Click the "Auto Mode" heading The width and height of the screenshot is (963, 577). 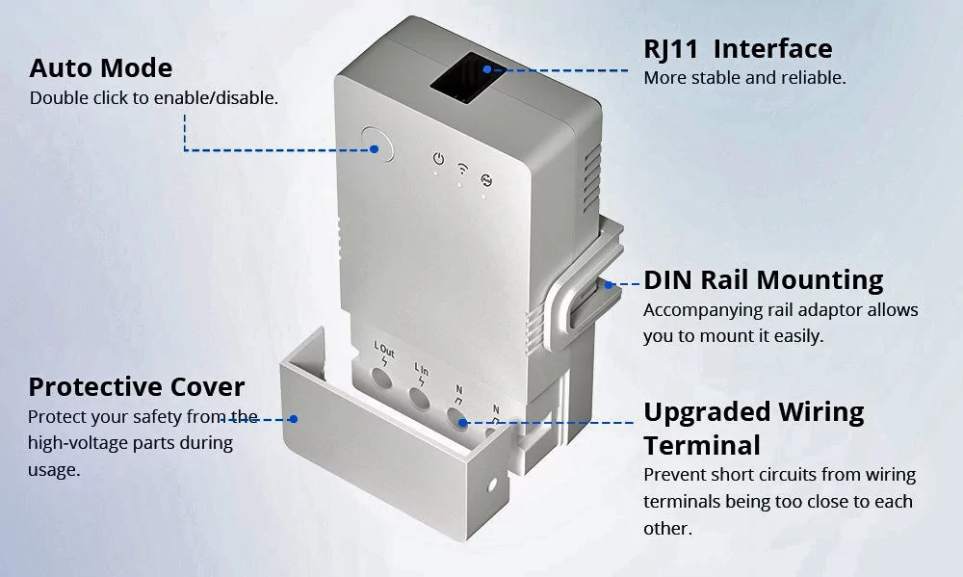pyautogui.click(x=101, y=67)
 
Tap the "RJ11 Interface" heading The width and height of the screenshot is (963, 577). pyautogui.click(x=738, y=48)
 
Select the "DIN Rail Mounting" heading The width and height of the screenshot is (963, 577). pyautogui.click(x=764, y=279)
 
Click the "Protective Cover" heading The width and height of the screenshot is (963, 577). pyautogui.click(x=137, y=387)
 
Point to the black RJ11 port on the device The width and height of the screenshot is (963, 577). pyautogui.click(x=467, y=77)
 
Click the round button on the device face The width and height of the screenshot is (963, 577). pyautogui.click(x=377, y=145)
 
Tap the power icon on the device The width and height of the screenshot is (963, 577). pyautogui.click(x=438, y=159)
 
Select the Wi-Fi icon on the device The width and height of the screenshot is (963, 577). pyautogui.click(x=462, y=169)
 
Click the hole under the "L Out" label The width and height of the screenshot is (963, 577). pyautogui.click(x=381, y=378)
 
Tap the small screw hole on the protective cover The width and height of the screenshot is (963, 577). pyautogui.click(x=491, y=485)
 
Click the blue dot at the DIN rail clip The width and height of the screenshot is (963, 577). pyautogui.click(x=609, y=284)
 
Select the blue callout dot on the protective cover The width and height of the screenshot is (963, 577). pyautogui.click(x=294, y=419)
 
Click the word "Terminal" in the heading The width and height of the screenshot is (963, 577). pyautogui.click(x=702, y=445)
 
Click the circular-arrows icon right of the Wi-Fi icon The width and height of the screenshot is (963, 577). pyautogui.click(x=486, y=180)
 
